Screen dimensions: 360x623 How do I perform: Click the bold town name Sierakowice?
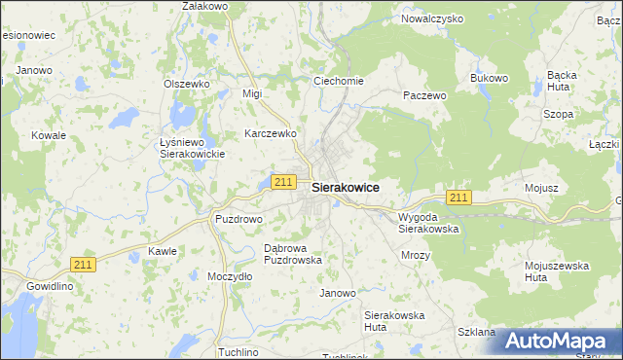345,188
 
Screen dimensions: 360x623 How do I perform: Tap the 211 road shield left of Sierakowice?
283,182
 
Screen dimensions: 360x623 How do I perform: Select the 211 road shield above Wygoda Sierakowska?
460,198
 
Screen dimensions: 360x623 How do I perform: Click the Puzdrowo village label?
238,219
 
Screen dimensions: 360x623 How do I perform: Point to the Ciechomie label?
338,81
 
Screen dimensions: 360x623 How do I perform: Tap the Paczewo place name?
424,96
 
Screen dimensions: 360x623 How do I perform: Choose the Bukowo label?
490,78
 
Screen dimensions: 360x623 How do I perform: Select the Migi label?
253,93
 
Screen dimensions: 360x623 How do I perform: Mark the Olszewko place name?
187,84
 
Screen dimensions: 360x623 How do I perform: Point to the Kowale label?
48,135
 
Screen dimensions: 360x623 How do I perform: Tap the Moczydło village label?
230,276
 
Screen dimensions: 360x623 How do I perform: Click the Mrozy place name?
416,255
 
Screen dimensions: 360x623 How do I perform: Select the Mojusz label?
540,188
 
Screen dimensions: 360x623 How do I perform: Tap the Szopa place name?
558,114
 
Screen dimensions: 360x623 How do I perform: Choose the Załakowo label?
204,6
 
